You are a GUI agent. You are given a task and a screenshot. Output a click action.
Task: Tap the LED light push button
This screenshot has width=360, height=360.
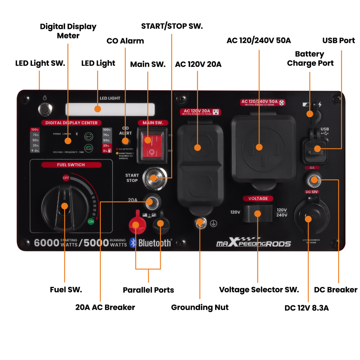click(x=45, y=109)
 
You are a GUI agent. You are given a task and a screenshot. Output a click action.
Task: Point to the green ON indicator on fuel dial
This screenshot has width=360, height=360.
click(x=91, y=221)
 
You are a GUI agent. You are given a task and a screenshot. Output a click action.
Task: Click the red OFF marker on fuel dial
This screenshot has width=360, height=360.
click(x=66, y=178)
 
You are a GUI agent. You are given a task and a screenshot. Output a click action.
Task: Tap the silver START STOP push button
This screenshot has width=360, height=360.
click(x=153, y=177)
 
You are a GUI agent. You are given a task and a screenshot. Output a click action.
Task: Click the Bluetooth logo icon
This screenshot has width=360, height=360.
click(x=133, y=243)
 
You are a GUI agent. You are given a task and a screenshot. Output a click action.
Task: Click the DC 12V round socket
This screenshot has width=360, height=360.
click(x=309, y=218)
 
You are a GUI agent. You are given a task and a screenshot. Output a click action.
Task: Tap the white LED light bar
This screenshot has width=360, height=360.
click(x=110, y=109)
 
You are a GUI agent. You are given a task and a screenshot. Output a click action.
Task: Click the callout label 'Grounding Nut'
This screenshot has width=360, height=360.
click(x=199, y=307)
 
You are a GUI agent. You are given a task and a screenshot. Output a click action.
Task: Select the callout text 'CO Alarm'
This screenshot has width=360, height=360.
click(x=125, y=41)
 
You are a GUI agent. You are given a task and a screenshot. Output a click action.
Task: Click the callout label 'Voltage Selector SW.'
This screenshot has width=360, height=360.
click(x=259, y=290)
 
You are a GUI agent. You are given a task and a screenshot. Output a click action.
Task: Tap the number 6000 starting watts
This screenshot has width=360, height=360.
click(x=46, y=243)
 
